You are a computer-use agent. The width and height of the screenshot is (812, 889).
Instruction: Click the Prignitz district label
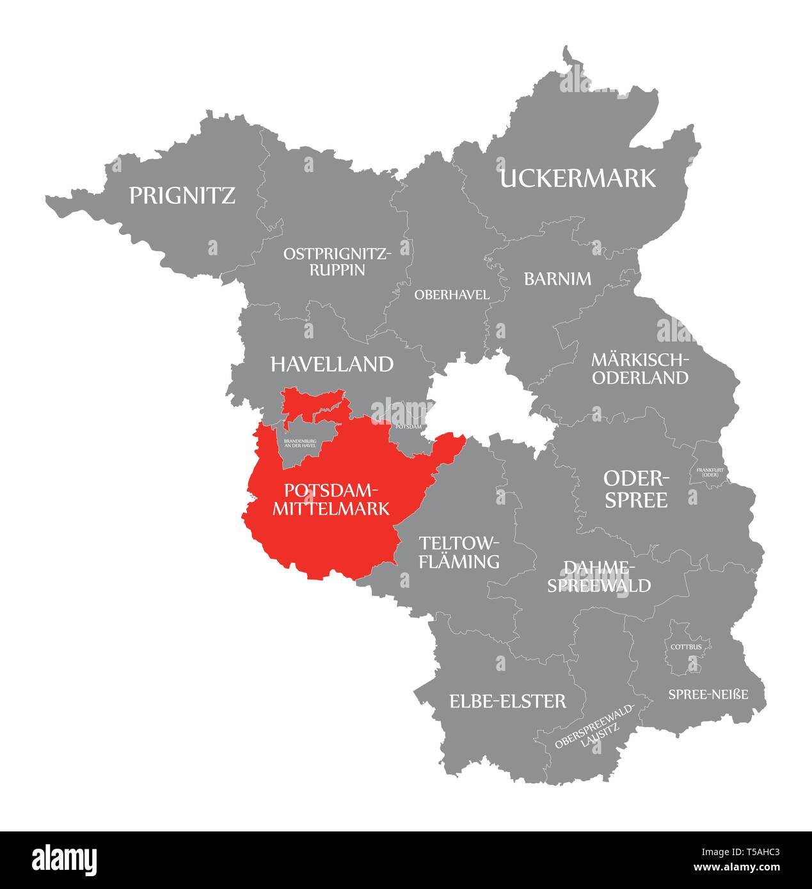coord(182,195)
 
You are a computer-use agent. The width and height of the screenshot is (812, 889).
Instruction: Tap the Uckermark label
coord(578,178)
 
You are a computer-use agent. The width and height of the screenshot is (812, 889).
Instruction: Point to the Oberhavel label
coord(452,295)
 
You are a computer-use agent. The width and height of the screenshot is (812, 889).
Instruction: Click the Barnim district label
coord(557,279)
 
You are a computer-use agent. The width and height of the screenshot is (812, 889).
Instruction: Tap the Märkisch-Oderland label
coord(640,368)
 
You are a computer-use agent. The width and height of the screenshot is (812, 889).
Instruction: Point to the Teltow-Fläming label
coord(458,553)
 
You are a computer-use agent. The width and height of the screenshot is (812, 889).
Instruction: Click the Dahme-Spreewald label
coord(598,576)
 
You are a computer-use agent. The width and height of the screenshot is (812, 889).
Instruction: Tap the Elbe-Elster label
coord(507,701)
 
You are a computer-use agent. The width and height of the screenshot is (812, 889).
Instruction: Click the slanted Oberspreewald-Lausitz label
coord(595,728)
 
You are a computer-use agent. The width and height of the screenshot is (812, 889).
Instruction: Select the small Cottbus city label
coord(686,647)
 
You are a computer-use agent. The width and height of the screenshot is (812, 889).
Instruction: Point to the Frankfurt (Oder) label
coord(707,473)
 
